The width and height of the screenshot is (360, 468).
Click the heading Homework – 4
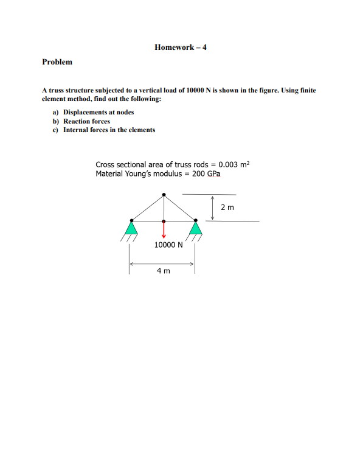coord(181,46)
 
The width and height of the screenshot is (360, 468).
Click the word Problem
coord(57,61)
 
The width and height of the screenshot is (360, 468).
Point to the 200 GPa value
coord(206,173)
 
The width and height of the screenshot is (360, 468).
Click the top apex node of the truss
coord(163,195)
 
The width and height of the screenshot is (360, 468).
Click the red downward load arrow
coord(163,232)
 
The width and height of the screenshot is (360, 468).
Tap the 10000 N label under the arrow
coord(167,245)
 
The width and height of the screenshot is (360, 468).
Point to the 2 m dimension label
coord(227,208)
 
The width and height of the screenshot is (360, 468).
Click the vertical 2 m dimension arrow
coord(213,208)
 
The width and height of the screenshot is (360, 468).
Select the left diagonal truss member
coord(147,208)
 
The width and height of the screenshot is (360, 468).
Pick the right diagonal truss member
coord(179,208)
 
